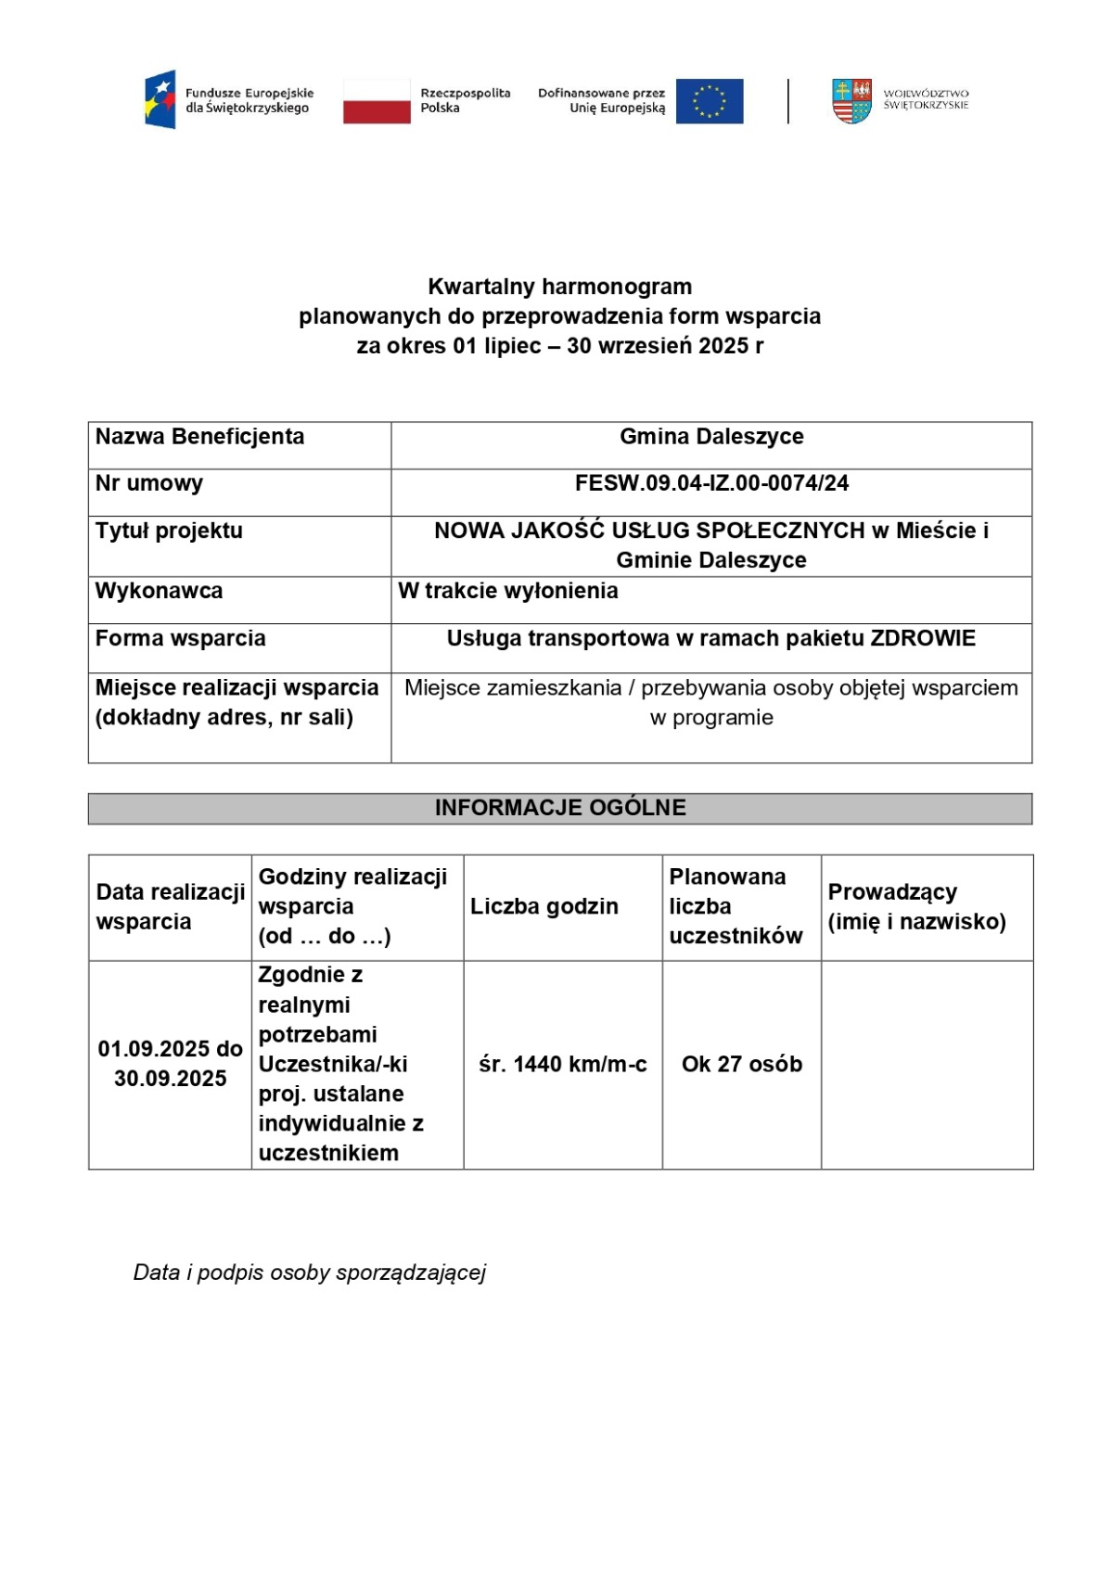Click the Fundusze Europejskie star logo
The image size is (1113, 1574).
click(160, 100)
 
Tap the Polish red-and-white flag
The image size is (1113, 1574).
click(377, 100)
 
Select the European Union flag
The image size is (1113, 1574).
click(710, 100)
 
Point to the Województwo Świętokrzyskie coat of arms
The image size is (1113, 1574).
click(851, 100)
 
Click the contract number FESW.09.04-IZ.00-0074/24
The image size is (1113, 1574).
click(711, 483)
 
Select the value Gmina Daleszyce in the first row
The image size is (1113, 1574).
click(711, 437)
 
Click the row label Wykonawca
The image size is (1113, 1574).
click(159, 591)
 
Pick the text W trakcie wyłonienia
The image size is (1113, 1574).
click(508, 591)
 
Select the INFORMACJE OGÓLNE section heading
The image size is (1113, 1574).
click(560, 808)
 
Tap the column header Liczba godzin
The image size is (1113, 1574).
click(544, 906)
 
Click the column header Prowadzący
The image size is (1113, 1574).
click(892, 892)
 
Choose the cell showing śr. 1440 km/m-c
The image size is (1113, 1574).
click(563, 1064)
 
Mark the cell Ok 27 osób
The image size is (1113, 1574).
click(742, 1064)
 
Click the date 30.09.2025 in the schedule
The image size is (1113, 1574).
click(171, 1079)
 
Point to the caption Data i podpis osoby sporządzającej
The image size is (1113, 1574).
click(310, 1273)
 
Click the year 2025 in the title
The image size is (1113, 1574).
click(723, 346)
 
